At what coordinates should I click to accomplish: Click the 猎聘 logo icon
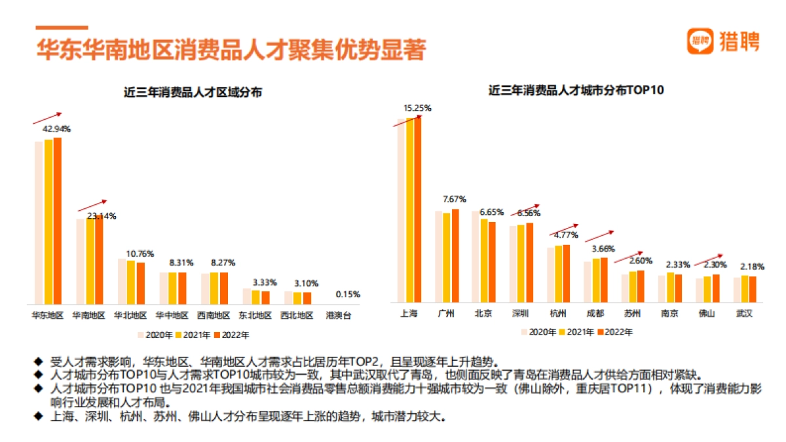[x=700, y=41]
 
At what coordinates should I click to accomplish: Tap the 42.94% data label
[x=56, y=129]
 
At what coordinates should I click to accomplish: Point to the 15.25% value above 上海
[x=417, y=108]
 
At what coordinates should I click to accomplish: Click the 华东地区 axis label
[x=48, y=315]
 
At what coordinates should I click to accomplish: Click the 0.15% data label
[x=347, y=295]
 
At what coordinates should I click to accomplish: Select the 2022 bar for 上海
[x=418, y=209]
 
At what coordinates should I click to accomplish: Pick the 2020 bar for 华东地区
[x=39, y=222]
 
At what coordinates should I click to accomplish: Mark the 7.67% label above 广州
[x=454, y=199]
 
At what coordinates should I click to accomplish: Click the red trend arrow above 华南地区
[x=91, y=205]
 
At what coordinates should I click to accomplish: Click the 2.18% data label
[x=751, y=267]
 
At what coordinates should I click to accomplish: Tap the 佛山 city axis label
[x=707, y=313]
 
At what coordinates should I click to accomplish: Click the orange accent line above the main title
[x=62, y=28]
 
